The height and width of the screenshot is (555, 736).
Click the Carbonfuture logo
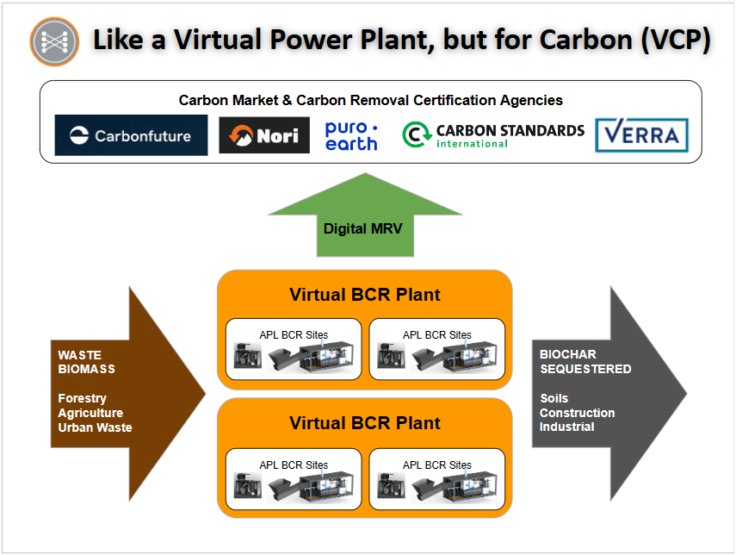(x=131, y=135)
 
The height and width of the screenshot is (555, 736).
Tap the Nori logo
(x=264, y=135)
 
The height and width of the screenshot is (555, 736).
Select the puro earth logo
(x=351, y=136)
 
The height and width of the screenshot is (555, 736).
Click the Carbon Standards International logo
(x=493, y=135)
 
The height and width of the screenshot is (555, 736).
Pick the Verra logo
(x=641, y=135)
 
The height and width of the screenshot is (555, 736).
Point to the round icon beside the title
(x=54, y=42)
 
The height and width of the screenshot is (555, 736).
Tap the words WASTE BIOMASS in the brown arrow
(x=86, y=362)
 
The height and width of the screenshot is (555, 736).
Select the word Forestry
(x=82, y=398)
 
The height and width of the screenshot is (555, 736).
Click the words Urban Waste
(x=95, y=427)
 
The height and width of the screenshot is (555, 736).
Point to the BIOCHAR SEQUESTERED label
(x=585, y=361)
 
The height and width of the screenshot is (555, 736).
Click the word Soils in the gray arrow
(x=554, y=398)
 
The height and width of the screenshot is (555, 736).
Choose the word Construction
(x=577, y=413)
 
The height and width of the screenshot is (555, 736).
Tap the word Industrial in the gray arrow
(x=566, y=427)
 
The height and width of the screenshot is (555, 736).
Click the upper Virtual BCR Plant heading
(x=365, y=295)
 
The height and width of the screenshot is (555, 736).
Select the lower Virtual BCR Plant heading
(x=365, y=423)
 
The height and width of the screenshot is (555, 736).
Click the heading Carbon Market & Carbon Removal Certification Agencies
(x=371, y=100)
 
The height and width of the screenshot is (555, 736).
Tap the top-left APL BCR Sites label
(x=294, y=334)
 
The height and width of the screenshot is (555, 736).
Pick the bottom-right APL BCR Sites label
(x=437, y=465)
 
